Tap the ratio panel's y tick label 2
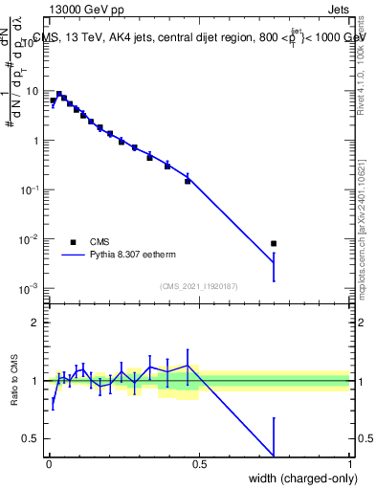(x=35, y=323)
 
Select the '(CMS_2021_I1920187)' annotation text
(x=198, y=285)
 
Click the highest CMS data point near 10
(x=59, y=95)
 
